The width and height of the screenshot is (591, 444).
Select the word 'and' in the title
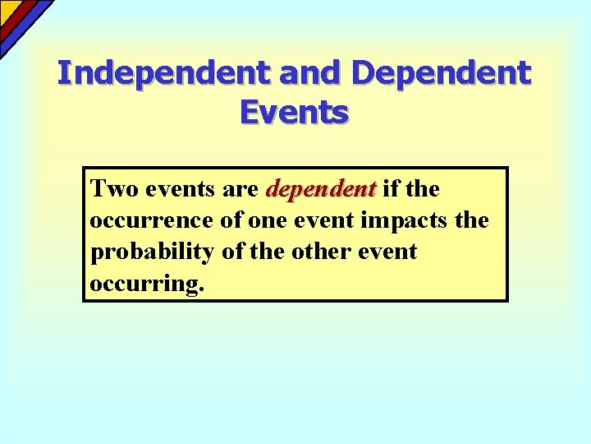[x=310, y=74]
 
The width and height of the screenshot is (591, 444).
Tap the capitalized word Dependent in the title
[x=441, y=74]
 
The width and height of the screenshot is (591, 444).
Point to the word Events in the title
[x=295, y=113]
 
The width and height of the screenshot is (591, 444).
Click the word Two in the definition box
[x=115, y=189]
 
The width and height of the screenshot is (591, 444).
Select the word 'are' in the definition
[x=241, y=189]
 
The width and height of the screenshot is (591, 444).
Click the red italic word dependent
[x=321, y=189]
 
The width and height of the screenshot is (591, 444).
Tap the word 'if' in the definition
[x=390, y=189]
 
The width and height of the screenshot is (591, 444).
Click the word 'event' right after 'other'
[x=387, y=252]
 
